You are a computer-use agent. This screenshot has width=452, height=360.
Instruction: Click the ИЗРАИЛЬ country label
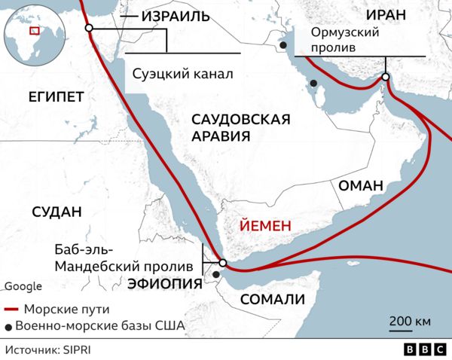pos(174,15)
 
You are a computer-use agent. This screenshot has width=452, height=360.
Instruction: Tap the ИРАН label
pos(384,15)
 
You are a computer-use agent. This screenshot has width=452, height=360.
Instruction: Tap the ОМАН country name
pos(362,186)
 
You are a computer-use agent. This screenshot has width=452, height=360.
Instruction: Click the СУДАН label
pos(56,212)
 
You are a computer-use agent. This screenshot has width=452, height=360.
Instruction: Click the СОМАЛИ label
pos(272,300)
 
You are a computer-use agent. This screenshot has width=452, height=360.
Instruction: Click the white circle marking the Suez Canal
pos(89,28)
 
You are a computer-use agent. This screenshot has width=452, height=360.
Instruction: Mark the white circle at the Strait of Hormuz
pos(386,77)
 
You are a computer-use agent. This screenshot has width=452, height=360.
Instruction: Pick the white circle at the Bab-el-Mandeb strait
pos(222,263)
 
